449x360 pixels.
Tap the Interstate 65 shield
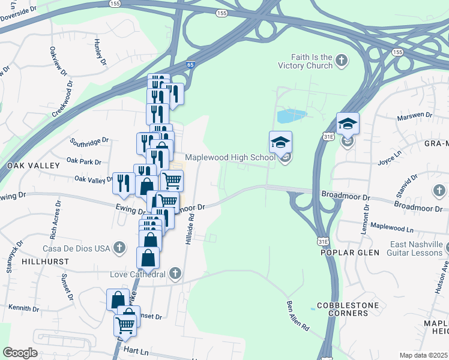(190, 64)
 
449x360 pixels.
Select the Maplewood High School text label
(230, 157)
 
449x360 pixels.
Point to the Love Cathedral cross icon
(175, 274)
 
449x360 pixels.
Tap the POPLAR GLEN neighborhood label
(350, 253)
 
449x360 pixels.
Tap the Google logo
(20, 353)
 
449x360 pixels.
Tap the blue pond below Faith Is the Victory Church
(291, 116)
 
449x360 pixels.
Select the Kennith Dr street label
(23, 308)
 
